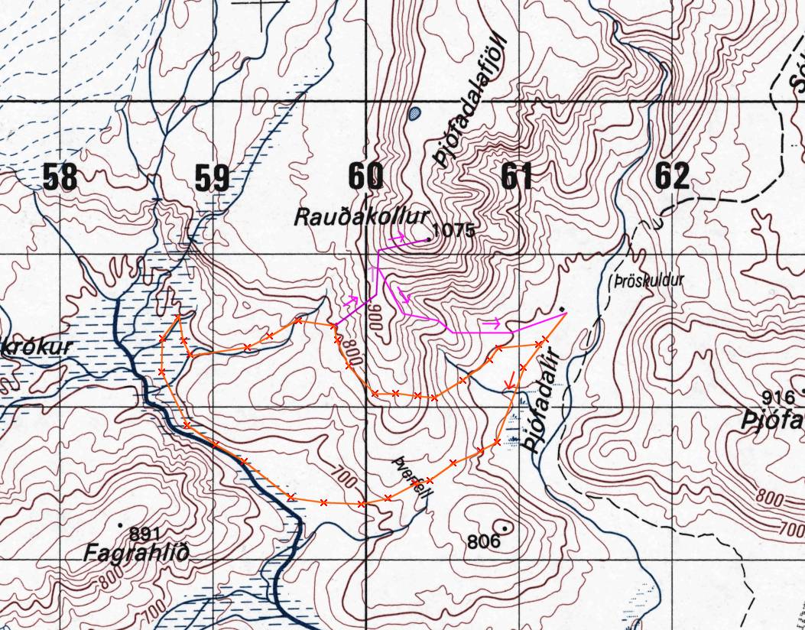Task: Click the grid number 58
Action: point(60,177)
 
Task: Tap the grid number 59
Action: point(212,177)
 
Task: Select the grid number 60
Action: point(365,177)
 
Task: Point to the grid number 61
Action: point(517,177)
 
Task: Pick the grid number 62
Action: point(672,177)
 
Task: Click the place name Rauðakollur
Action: point(362,217)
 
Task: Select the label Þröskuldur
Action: point(648,281)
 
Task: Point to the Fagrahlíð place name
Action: point(136,552)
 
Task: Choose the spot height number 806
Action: point(483,542)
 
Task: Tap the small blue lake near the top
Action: point(414,114)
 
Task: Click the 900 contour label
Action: point(375,316)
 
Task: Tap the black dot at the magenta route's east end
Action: point(563,309)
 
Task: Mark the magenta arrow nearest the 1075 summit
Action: point(398,239)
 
